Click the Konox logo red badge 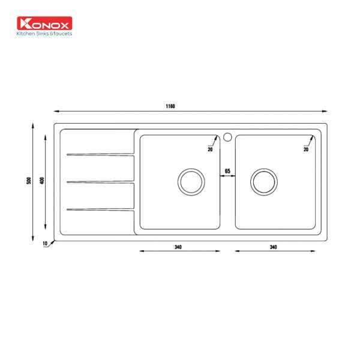pos(44,23)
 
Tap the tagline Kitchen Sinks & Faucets pos(44,34)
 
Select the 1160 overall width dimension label pos(170,106)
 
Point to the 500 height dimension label pos(29,181)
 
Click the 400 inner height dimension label pos(42,181)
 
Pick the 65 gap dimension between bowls pos(227,171)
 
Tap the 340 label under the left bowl pos(178,247)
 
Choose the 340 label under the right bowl pos(273,247)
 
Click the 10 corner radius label pos(45,244)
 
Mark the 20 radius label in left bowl pos(210,149)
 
